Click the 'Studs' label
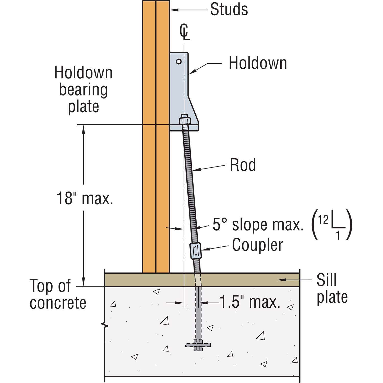pos(229,10)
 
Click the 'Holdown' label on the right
pos(258,63)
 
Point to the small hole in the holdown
pos(179,62)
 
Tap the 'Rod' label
pos(243,165)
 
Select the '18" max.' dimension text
pos(85,198)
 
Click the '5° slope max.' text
pos(258,225)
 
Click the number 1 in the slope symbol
pos(338,235)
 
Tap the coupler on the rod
pos(195,250)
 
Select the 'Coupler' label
pos(257,245)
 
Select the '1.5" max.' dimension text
pos(249,303)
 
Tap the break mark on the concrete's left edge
pos(105,325)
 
